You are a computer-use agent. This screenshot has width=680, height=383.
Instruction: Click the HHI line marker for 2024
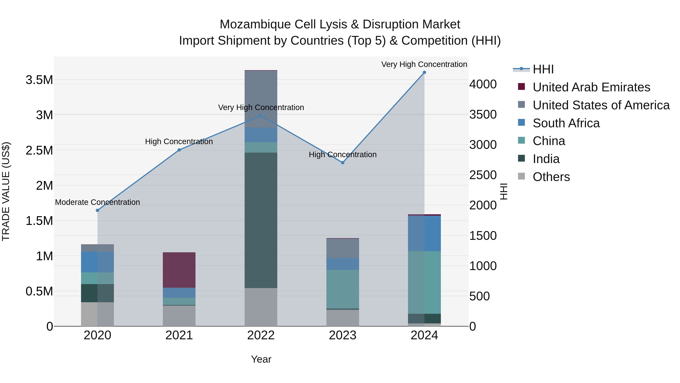424,72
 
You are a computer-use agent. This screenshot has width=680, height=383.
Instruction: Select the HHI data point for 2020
97,210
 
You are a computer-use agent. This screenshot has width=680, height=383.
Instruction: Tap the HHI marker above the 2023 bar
343,162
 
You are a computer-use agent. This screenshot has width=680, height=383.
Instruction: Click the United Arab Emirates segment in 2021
179,270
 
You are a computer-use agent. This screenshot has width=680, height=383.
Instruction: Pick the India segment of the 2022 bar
261,220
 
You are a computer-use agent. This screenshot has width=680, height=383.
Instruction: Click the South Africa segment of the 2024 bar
424,233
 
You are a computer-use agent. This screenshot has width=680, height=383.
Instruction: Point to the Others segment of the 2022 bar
261,307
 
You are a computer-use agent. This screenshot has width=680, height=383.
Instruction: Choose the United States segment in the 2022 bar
261,99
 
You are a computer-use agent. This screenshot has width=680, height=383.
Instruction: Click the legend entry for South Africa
566,123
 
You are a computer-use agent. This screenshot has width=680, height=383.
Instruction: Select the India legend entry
546,159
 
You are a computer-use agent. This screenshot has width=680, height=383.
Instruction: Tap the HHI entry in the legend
543,69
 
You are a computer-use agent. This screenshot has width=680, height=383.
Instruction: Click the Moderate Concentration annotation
97,202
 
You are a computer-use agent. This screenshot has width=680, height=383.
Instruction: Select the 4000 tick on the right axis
483,84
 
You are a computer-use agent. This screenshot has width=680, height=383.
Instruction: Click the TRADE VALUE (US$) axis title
6,191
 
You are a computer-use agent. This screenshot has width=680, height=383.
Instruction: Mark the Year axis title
261,359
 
